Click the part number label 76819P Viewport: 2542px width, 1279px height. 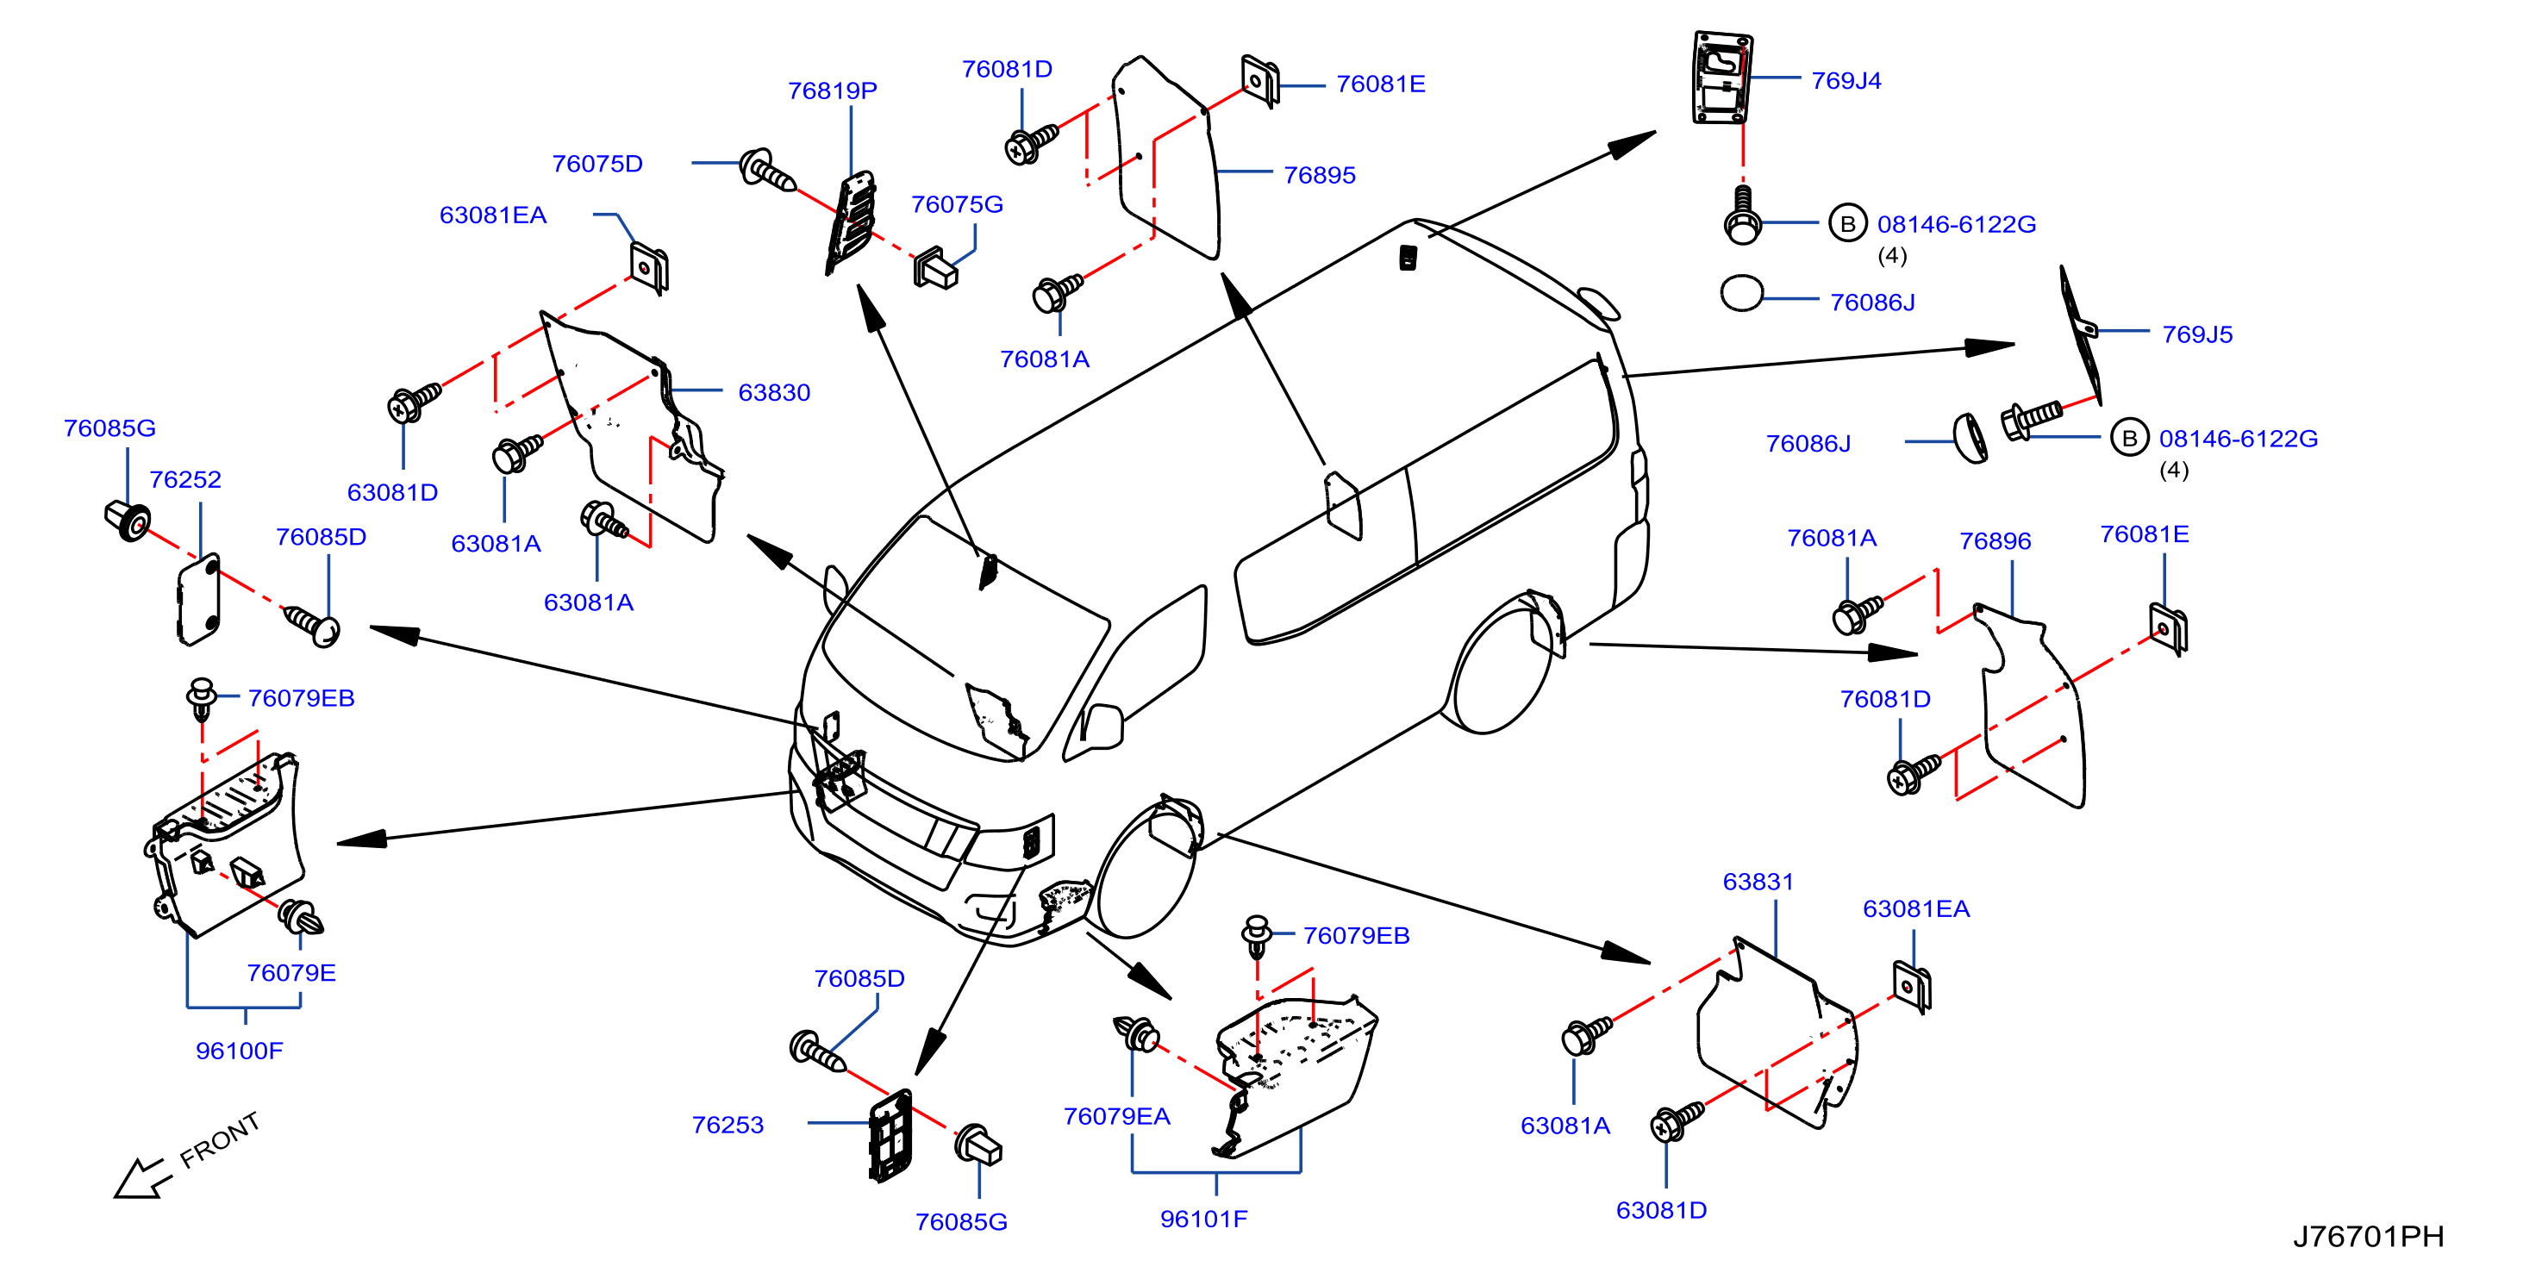click(832, 90)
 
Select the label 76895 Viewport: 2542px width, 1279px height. click(1320, 175)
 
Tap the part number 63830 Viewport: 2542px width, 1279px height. click(774, 393)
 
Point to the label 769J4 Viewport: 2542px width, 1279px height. click(1846, 81)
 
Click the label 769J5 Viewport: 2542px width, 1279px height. click(2196, 334)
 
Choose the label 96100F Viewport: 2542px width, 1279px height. click(239, 1051)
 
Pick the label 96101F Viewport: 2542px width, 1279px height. click(1203, 1219)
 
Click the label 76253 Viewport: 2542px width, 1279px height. click(728, 1125)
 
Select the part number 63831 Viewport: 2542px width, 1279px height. click(1758, 883)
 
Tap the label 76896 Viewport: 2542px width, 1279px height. click(1995, 542)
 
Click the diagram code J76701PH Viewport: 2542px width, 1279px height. click(2367, 1237)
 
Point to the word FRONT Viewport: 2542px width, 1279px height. click(220, 1140)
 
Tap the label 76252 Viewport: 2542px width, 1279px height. click(184, 479)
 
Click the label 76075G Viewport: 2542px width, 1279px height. click(956, 204)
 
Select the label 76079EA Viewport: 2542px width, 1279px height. click(1116, 1116)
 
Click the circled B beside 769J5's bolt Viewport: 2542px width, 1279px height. click(2128, 438)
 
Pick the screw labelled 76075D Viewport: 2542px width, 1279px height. click(767, 172)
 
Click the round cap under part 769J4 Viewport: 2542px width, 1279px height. click(1742, 293)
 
